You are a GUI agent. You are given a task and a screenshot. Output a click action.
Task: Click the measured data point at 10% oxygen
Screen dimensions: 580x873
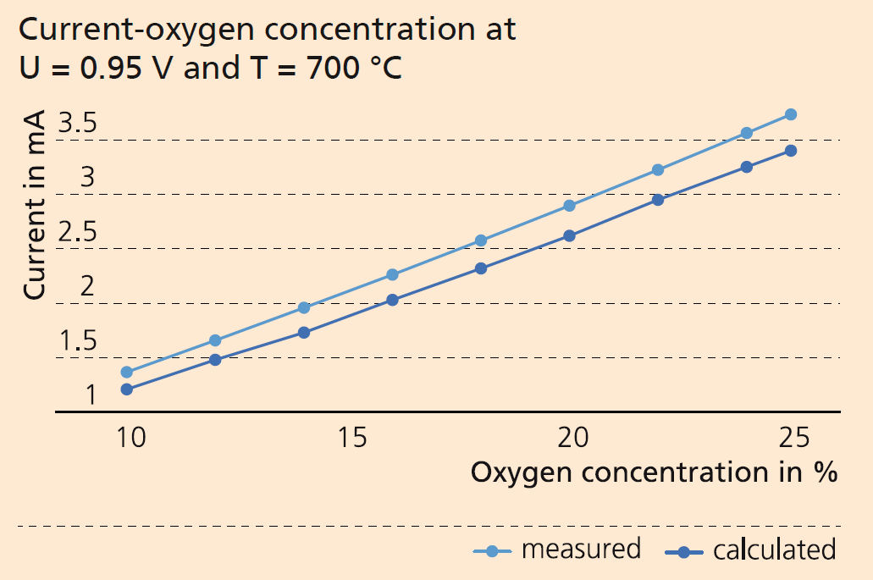(127, 372)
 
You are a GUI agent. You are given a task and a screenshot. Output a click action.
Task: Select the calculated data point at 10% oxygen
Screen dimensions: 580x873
(127, 389)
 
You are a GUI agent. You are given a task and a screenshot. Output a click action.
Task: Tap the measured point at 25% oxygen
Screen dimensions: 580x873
(790, 114)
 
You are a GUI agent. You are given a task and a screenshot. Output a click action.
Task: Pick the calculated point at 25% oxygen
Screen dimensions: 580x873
(790, 151)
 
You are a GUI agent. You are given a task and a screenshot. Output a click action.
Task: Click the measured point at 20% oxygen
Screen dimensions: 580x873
(569, 206)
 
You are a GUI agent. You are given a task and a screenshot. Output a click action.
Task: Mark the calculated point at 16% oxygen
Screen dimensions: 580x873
(392, 300)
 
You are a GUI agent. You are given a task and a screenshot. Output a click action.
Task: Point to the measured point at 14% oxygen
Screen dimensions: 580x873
(304, 307)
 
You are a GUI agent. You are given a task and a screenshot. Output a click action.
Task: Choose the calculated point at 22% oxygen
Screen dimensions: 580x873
(658, 200)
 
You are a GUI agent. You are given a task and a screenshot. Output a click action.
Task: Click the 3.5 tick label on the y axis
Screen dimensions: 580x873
(77, 125)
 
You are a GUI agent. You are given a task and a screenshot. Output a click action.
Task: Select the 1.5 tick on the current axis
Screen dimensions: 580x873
(77, 342)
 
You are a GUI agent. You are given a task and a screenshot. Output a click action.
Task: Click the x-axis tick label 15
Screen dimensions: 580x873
(353, 439)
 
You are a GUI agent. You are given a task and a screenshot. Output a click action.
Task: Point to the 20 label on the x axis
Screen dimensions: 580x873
(573, 439)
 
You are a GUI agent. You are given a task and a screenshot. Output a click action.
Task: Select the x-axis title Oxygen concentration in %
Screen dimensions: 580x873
(654, 472)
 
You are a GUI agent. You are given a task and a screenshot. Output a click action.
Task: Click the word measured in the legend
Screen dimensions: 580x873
(581, 549)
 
